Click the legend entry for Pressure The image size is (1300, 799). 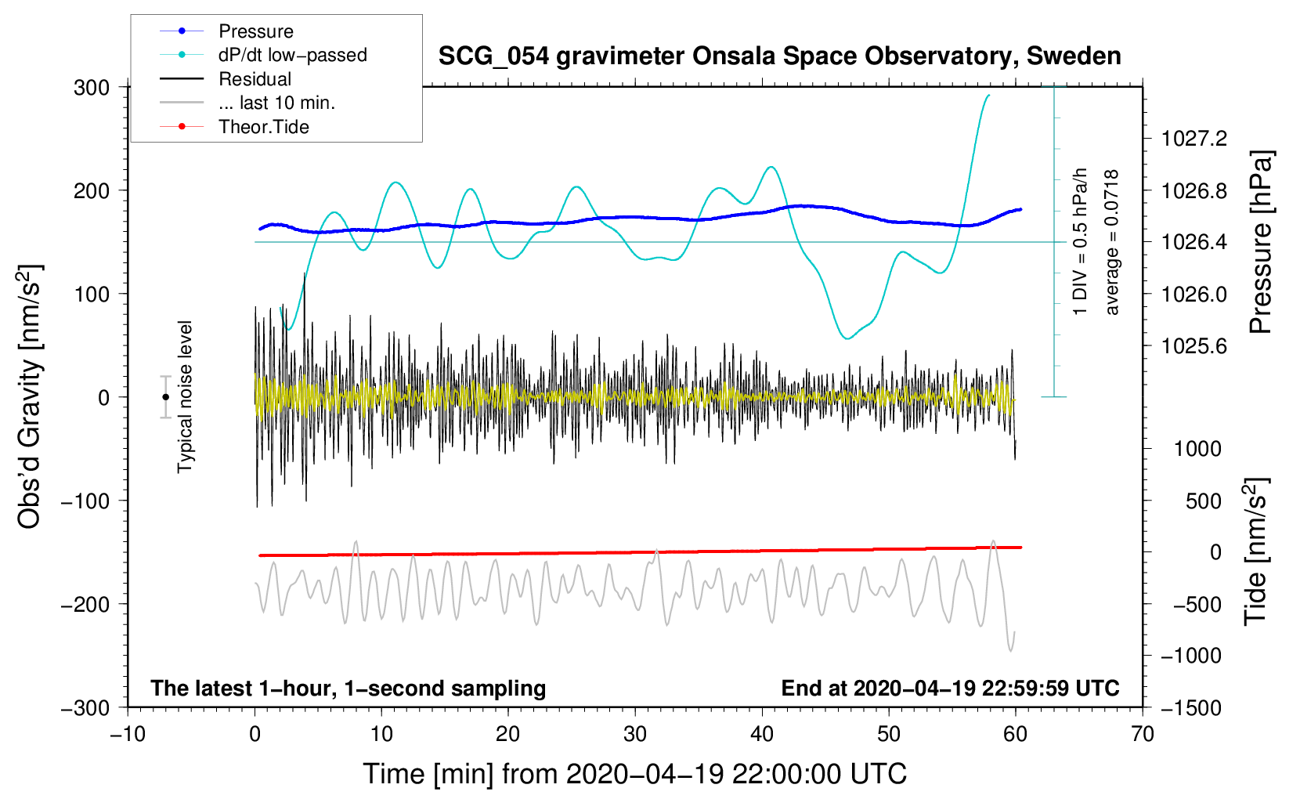pyautogui.click(x=255, y=31)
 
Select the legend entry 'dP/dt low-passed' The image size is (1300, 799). pyautogui.click(x=292, y=55)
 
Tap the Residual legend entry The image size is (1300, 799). pyautogui.click(x=255, y=79)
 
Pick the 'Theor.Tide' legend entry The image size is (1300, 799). pyautogui.click(x=263, y=127)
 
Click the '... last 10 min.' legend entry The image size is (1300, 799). pyautogui.click(x=276, y=103)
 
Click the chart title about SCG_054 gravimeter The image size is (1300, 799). pyautogui.click(x=779, y=56)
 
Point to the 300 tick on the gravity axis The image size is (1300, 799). pyautogui.click(x=92, y=88)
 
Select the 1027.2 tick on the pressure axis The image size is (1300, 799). pyautogui.click(x=1194, y=139)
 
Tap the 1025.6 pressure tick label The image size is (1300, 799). pyautogui.click(x=1194, y=346)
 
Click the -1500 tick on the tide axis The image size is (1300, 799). pyautogui.click(x=1190, y=708)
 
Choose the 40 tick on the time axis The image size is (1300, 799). pyautogui.click(x=762, y=735)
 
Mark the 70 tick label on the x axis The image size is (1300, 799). pyautogui.click(x=1143, y=735)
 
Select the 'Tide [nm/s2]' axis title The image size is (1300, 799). pyautogui.click(x=1255, y=551)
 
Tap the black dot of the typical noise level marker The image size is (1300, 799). pyautogui.click(x=165, y=397)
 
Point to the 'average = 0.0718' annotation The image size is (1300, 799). pyautogui.click(x=1112, y=243)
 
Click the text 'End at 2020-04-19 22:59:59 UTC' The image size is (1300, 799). pyautogui.click(x=950, y=689)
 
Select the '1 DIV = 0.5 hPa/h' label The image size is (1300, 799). pyautogui.click(x=1081, y=241)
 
